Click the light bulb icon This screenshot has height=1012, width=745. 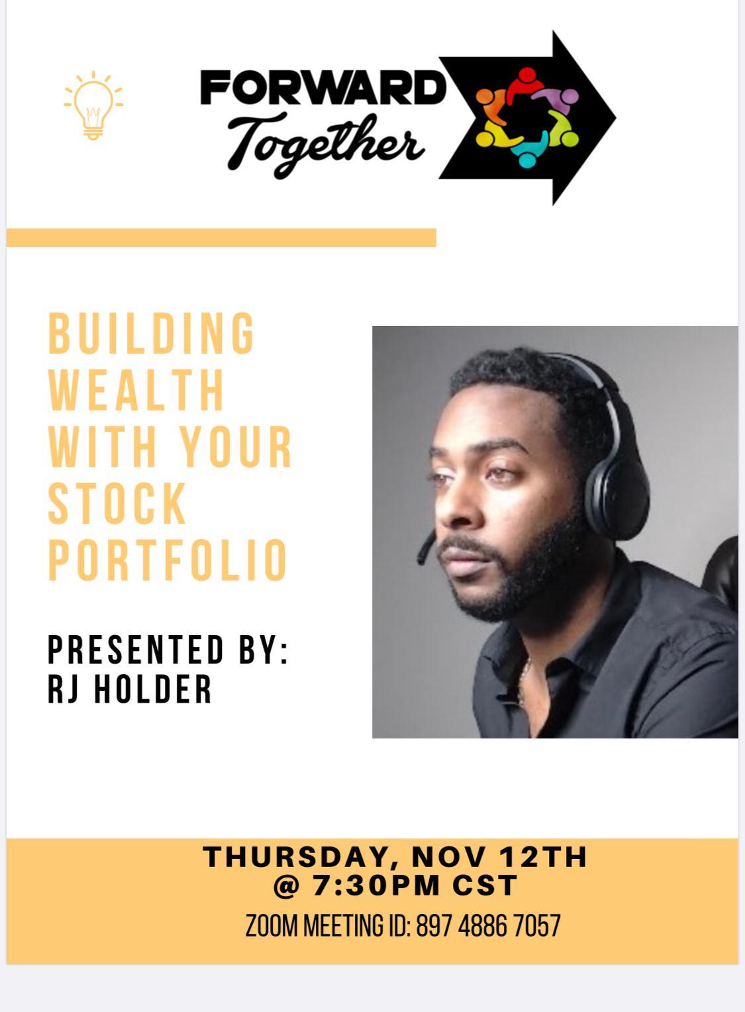[93, 105]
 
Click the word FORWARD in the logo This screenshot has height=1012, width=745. [323, 87]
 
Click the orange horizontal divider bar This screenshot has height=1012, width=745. [221, 238]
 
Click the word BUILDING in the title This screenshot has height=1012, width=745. [152, 333]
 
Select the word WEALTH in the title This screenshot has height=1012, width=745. [136, 389]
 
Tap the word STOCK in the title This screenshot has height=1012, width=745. [117, 503]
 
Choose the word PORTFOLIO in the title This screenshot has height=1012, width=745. [168, 560]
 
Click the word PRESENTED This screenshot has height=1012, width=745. [136, 650]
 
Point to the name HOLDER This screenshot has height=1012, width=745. [153, 689]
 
